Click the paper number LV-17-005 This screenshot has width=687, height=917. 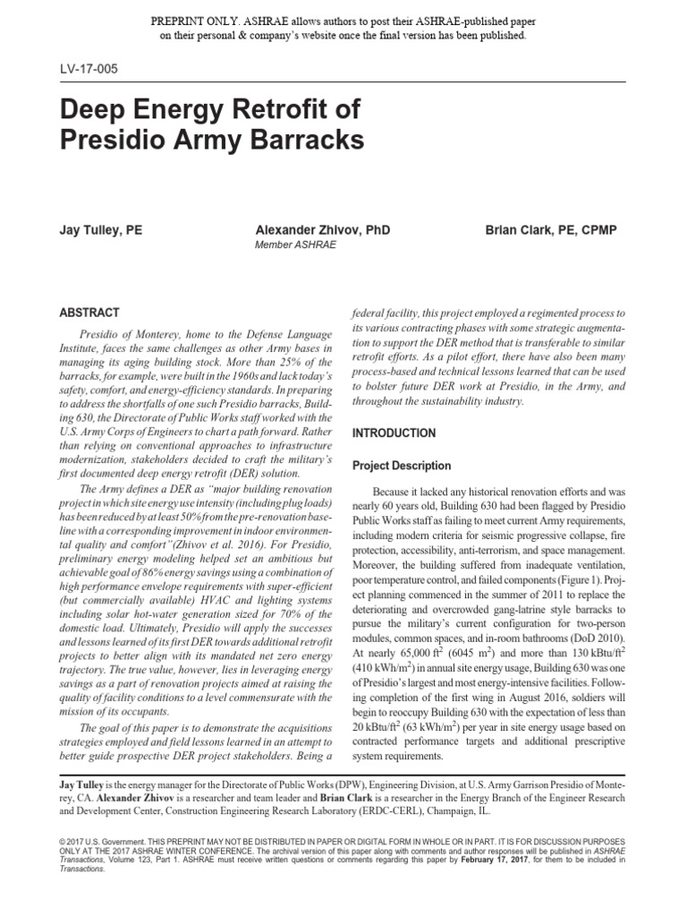[88, 69]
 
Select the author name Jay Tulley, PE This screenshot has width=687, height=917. [99, 230]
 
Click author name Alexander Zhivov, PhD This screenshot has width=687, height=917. [322, 230]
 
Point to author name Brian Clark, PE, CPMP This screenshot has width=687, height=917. [550, 230]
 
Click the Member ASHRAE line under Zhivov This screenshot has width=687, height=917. [295, 244]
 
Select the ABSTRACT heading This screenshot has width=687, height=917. [89, 313]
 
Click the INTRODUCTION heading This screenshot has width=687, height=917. [394, 433]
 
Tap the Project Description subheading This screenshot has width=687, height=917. [401, 466]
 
